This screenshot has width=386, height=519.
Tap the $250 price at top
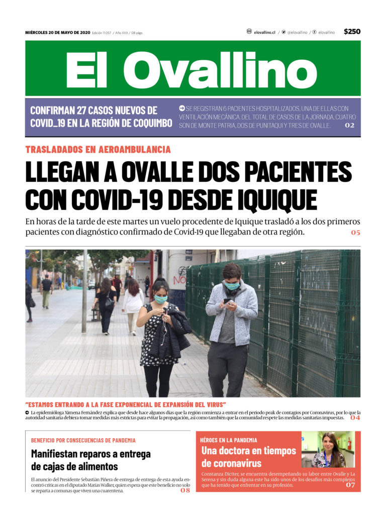[x=352, y=32]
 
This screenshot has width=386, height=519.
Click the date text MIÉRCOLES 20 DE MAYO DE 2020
[x=57, y=33]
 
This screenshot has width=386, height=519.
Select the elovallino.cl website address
[x=264, y=32]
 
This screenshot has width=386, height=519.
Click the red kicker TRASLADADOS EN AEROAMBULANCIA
[x=98, y=149]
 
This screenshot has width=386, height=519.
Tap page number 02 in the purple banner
[x=349, y=125]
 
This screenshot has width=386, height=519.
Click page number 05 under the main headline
[x=355, y=233]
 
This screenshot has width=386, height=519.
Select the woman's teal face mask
[x=160, y=299]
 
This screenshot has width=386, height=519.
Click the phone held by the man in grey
[x=227, y=301]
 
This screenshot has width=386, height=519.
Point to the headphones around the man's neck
[x=232, y=291]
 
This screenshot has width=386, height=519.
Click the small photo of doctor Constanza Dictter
[x=328, y=449]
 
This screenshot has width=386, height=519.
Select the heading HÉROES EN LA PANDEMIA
[x=229, y=440]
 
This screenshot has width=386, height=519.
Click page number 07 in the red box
[x=350, y=485]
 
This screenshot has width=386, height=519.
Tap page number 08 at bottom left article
[x=185, y=490]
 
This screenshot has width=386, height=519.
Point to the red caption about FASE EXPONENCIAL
[x=126, y=404]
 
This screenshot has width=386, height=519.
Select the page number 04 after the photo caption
[x=355, y=418]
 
